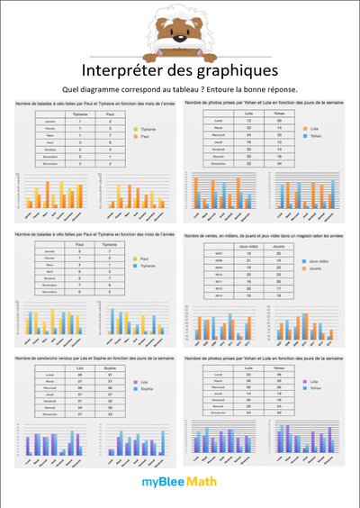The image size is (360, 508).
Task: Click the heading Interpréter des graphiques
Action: coord(179,69)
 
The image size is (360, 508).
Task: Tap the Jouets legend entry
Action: coord(315,268)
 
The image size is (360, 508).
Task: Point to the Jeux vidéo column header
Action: coord(245,246)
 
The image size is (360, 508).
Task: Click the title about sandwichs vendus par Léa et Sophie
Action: coord(90,357)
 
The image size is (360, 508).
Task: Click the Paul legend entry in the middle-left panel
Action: coord(142,258)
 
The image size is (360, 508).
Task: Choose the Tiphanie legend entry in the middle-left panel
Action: coord(146,266)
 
